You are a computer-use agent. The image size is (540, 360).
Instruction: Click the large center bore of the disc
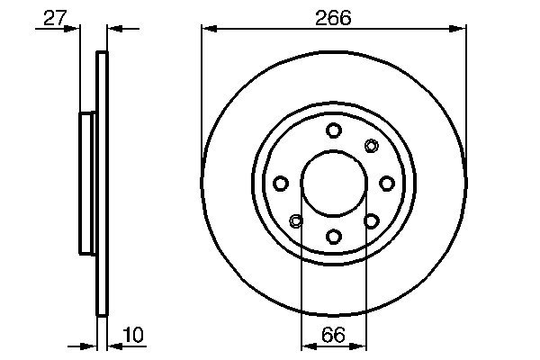(333, 183)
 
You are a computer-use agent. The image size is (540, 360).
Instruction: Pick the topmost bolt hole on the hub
(333, 130)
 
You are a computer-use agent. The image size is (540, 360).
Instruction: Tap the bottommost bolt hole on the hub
(333, 236)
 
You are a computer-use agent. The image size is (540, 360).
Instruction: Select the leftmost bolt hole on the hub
(280, 184)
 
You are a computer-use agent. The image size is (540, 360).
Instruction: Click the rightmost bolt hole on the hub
(386, 184)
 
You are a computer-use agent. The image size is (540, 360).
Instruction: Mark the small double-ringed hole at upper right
(371, 146)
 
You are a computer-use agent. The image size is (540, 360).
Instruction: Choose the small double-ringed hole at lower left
(296, 220)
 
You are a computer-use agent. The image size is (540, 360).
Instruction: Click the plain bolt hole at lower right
(371, 220)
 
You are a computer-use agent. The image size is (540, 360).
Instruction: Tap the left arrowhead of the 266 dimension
(207, 30)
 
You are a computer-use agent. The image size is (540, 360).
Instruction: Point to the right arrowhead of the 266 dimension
(460, 30)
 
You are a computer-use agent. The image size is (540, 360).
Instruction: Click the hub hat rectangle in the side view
(88, 183)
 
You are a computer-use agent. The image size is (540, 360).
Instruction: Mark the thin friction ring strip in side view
(102, 184)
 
